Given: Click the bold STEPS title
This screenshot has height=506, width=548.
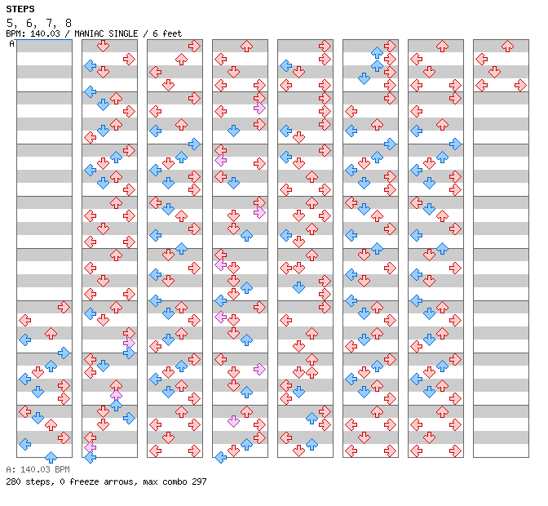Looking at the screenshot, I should click(x=20, y=9).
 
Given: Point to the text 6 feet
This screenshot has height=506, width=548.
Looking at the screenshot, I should click(x=166, y=33).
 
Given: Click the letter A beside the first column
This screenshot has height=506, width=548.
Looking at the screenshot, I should click(x=12, y=44).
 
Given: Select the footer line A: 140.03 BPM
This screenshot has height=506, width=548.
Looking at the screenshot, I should click(x=38, y=469).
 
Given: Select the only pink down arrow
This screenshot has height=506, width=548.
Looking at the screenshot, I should click(x=233, y=421).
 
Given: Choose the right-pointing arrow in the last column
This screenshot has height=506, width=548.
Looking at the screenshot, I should click(x=520, y=85).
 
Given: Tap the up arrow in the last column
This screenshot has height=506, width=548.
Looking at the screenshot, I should click(x=507, y=46).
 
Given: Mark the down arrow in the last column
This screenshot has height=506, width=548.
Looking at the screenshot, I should click(x=494, y=72).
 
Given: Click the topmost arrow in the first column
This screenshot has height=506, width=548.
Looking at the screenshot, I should click(x=64, y=307).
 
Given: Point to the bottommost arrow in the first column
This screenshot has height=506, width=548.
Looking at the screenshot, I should click(x=51, y=457).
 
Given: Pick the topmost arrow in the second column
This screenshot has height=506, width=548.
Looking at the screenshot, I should click(x=129, y=59).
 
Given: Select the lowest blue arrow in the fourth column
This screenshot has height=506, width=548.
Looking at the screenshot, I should click(x=220, y=457).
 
